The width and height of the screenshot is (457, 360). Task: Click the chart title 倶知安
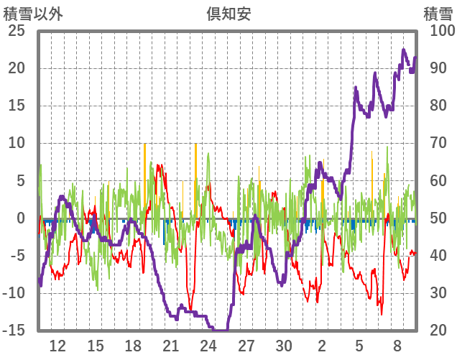[228, 12]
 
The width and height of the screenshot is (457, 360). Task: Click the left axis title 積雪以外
[29, 12]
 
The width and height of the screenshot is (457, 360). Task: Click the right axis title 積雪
[438, 12]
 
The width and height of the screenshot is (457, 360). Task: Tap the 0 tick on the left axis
[21, 218]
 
